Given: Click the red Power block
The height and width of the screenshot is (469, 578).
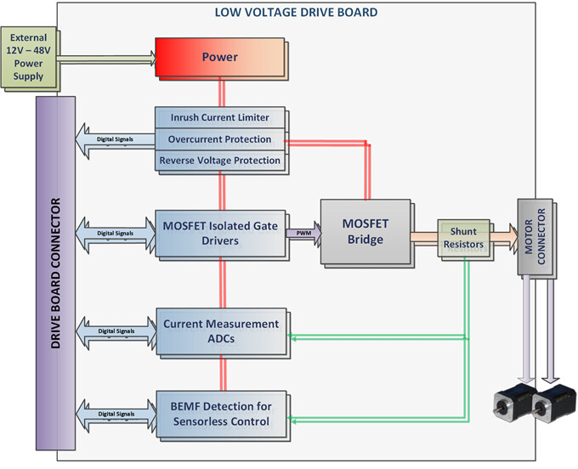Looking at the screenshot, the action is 220,58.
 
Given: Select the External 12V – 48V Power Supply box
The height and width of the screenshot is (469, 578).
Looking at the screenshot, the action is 29,58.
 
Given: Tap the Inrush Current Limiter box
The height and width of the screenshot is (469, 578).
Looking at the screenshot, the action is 219,117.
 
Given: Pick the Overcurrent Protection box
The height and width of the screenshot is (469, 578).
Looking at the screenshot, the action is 219,139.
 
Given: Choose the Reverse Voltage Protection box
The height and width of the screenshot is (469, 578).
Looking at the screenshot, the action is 219,161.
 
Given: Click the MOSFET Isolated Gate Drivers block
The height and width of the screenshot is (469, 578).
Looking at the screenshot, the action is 220,233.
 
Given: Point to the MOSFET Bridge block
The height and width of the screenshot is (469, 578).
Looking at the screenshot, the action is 365,232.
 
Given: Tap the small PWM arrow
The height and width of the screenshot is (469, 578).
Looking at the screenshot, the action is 303,233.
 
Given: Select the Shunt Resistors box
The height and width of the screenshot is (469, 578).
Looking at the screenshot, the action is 463,238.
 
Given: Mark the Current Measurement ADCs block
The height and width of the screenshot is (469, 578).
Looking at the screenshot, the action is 221,331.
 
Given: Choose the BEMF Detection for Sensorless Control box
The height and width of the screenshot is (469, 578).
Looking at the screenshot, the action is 221,414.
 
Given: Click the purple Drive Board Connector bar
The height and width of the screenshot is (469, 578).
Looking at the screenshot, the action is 55,273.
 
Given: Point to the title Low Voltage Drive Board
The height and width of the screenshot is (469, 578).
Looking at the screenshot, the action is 296,13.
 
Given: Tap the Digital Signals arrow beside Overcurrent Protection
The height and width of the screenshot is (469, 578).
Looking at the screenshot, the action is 116,141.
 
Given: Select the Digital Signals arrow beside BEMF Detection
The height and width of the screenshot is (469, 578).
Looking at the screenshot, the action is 116,415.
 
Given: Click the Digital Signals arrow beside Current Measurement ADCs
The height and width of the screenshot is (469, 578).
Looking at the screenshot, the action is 116,332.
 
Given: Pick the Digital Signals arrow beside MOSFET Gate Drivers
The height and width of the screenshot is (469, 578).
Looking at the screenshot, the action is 116,234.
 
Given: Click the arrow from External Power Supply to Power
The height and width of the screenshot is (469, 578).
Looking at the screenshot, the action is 106,59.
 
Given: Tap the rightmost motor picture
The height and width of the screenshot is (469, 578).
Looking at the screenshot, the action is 554,404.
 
